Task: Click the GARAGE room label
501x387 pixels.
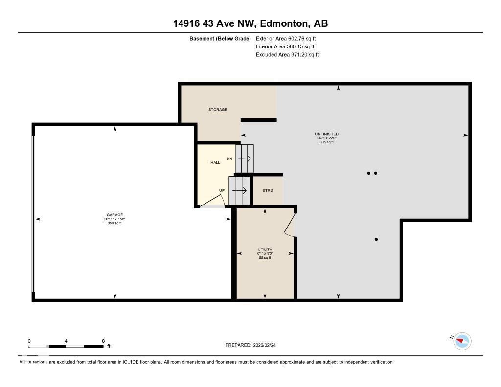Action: (115, 214)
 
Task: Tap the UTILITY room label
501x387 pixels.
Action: (265, 250)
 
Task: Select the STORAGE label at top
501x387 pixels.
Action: (218, 109)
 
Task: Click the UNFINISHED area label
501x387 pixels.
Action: (326, 134)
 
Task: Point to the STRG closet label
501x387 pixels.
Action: (268, 190)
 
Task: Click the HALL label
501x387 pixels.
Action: (215, 162)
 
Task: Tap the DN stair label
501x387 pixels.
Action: (229, 159)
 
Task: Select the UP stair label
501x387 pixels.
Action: (222, 190)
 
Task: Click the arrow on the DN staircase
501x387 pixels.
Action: (245, 159)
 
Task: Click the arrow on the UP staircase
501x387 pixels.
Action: (239, 190)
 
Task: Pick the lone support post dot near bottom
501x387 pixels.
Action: (376, 239)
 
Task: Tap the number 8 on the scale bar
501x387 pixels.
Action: (103, 341)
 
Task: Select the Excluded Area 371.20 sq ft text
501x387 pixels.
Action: (287, 55)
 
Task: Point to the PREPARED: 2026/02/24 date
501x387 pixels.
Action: (253, 345)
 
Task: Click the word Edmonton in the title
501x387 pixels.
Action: (284, 23)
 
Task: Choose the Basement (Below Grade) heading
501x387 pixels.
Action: (220, 38)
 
